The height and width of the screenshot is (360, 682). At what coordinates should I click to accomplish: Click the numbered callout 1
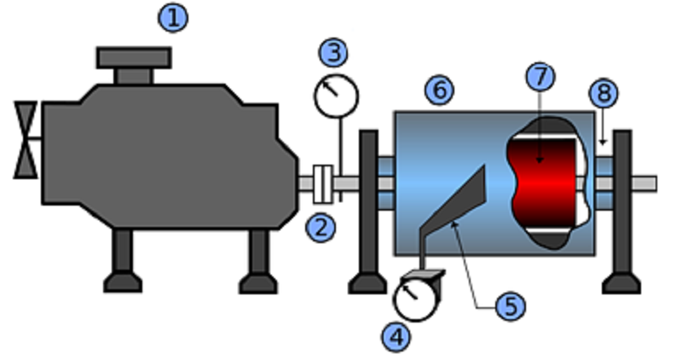click(173, 18)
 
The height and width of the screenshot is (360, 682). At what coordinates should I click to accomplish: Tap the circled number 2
click(321, 228)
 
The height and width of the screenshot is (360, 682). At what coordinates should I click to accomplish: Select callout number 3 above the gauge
click(333, 53)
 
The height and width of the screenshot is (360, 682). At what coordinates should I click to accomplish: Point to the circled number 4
click(396, 337)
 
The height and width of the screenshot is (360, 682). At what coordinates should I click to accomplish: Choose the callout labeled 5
click(511, 306)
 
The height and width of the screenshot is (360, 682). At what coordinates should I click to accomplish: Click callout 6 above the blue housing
click(440, 90)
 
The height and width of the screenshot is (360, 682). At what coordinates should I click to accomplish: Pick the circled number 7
click(540, 77)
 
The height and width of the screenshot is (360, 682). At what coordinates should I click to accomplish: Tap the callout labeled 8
click(604, 93)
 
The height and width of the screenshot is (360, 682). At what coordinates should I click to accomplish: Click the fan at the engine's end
click(26, 140)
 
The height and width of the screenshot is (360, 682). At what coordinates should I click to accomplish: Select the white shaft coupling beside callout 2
click(323, 184)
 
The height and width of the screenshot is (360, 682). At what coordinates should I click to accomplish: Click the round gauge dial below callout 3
click(336, 96)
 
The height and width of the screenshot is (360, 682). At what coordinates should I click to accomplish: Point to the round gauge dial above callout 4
click(414, 300)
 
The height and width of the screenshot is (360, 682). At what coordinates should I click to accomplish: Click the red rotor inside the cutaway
click(544, 183)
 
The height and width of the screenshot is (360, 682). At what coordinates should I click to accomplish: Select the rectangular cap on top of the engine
click(134, 57)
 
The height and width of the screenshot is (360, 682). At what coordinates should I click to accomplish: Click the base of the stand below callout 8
click(621, 283)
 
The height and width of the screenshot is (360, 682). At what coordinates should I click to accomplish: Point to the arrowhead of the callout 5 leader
click(454, 224)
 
